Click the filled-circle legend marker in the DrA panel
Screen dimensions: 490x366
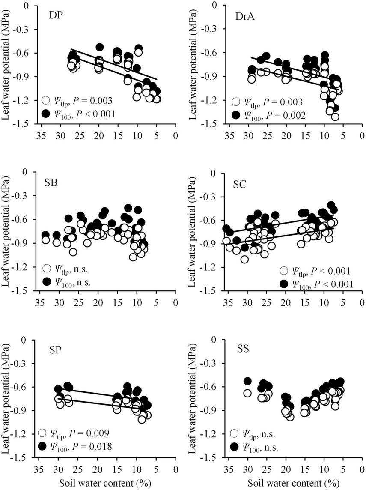coord(235,115)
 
